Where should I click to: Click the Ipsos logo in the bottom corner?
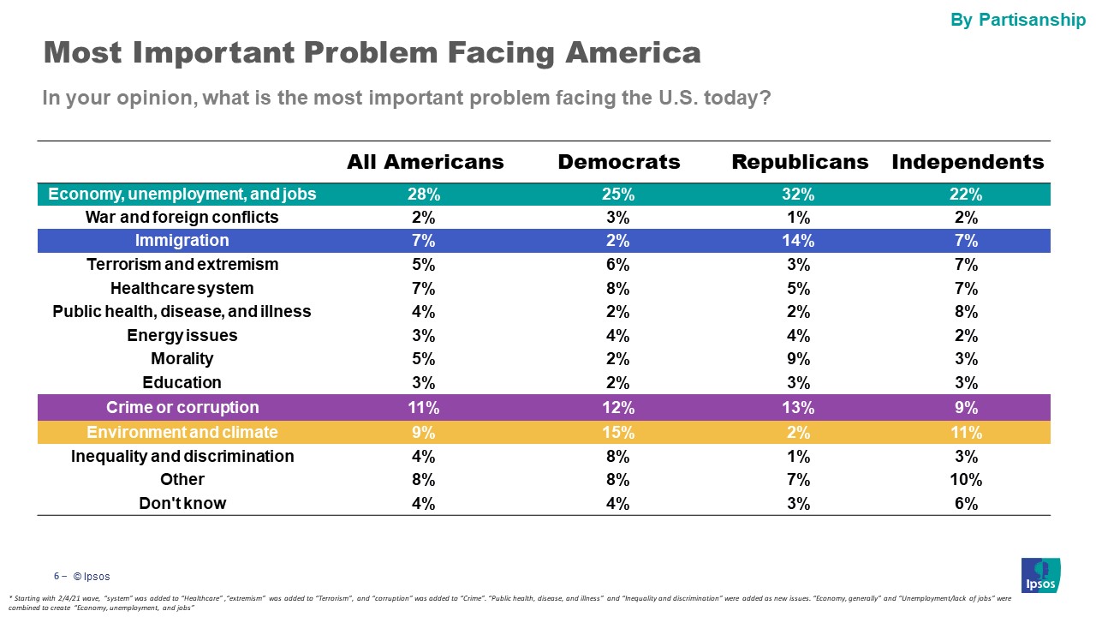(x=1040, y=574)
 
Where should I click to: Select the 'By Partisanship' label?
(x=1018, y=20)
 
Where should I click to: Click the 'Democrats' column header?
(x=619, y=162)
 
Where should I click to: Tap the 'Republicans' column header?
(x=800, y=162)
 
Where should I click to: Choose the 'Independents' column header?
(x=968, y=162)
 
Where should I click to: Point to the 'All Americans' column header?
(x=425, y=162)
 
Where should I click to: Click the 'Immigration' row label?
(x=182, y=241)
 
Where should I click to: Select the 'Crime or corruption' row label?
(x=182, y=407)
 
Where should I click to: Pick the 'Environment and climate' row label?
(x=182, y=432)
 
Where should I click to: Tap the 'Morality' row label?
(x=182, y=359)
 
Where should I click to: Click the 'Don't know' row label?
(x=182, y=504)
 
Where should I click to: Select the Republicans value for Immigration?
(x=799, y=241)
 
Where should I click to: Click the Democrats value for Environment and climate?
(x=617, y=432)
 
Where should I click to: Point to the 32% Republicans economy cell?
(x=799, y=195)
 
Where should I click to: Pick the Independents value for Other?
(x=967, y=480)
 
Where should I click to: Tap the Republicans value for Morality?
(x=799, y=359)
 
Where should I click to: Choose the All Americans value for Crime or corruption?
(x=424, y=407)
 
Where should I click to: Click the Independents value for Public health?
(x=967, y=312)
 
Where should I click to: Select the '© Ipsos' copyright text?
(x=91, y=577)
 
